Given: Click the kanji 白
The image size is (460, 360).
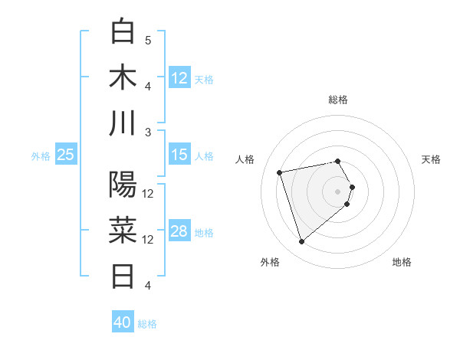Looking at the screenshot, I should (123, 32).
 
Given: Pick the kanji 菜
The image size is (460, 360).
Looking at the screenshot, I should (123, 229).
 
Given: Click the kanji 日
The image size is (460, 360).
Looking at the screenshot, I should (123, 274).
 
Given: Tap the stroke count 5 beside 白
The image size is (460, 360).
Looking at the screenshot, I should (148, 41).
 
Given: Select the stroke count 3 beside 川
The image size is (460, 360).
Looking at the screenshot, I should (148, 132).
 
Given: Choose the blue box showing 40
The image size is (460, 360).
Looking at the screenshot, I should (123, 322).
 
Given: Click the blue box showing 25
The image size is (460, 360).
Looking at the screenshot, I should (65, 155).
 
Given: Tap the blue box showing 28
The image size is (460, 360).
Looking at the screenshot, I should (179, 231).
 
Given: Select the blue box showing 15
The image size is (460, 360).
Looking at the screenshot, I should (179, 155).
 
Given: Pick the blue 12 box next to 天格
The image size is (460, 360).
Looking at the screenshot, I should (179, 77).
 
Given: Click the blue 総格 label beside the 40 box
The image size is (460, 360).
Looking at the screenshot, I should (147, 324).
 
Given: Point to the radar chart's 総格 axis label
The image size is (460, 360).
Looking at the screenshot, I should (338, 100).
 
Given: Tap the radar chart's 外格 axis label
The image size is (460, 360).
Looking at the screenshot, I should (270, 262).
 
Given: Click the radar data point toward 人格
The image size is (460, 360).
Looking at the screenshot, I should (280, 172).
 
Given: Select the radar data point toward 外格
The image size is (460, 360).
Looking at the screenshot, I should (302, 242).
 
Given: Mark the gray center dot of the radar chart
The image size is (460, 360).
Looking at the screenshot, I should (338, 190).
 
